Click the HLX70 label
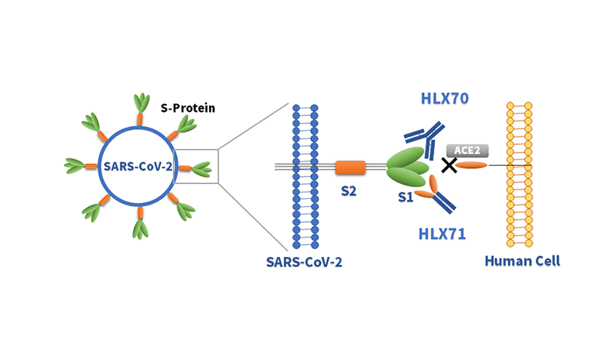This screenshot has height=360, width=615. coord(445,99)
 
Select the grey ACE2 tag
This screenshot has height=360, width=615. coord(465,150)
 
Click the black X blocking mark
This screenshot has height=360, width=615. coord(449,165)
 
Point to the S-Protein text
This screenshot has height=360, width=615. coord(189,107)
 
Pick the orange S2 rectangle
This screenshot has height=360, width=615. coord(350,167)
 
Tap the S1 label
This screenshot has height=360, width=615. coord(406,197)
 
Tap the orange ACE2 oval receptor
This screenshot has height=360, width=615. coord(472,165)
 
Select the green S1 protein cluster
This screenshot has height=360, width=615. coord(408,167)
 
